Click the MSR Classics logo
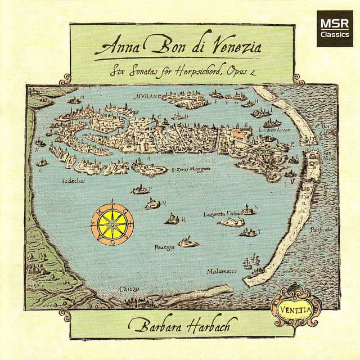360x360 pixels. coord(334,28)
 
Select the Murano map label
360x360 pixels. coord(148,96)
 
